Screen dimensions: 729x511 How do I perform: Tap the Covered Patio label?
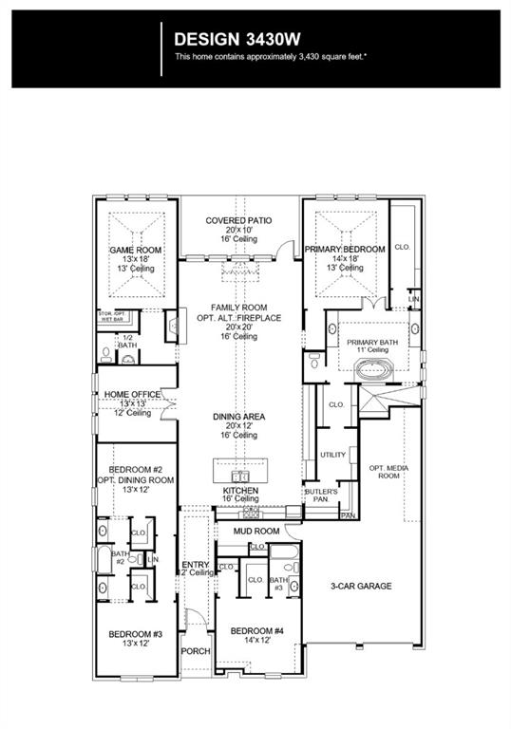pos(239,220)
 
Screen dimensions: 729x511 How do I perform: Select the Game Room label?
pos(135,250)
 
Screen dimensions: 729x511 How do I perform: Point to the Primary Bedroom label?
pos(345,249)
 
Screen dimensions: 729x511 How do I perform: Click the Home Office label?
pos(132,394)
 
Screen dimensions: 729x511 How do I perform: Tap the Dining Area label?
pos(239,417)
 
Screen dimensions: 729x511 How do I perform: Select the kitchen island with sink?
pos(240,472)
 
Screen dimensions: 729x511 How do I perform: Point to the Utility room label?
pos(332,455)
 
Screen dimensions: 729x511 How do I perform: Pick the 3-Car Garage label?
pos(361,586)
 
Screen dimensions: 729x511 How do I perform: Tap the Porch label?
pos(196,651)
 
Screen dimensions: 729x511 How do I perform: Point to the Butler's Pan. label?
pos(316,494)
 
